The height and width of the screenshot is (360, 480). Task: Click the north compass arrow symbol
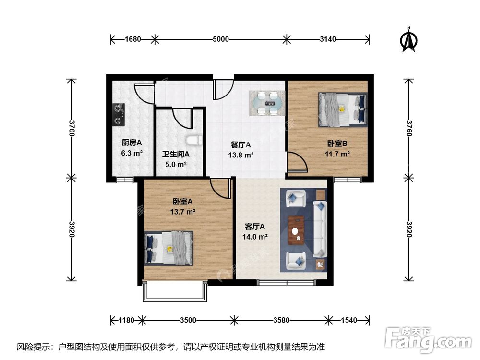[409, 41]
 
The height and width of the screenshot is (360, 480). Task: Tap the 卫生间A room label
[176, 154]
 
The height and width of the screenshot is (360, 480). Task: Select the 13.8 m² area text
[241, 155]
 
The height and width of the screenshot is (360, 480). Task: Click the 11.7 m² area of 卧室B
[337, 154]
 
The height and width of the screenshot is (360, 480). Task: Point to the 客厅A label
[255, 226]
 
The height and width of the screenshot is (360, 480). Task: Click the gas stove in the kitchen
[118, 115]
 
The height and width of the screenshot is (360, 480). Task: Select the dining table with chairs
[266, 103]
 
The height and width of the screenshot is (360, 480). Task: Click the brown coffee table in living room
[296, 230]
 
